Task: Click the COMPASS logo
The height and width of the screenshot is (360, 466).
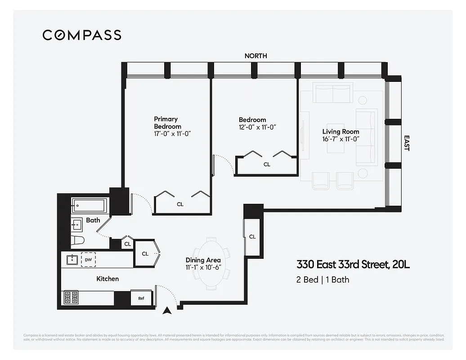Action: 82,35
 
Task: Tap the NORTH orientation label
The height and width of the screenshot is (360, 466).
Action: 255,56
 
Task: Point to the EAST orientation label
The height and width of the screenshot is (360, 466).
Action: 406,143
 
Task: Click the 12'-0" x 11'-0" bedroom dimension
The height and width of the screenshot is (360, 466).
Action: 257,127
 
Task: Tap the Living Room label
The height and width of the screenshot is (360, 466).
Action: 341,132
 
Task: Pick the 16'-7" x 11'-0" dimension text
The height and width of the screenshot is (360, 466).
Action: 341,139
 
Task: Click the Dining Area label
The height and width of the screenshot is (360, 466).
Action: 203,260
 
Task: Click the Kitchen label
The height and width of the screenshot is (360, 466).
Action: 108,279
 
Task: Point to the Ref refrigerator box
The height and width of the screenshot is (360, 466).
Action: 141,298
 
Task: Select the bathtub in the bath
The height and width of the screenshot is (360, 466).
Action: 89,206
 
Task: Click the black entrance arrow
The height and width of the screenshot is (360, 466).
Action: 168,310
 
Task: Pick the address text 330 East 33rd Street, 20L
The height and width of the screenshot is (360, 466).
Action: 353,265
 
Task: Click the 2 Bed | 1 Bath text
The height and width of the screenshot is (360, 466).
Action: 322,279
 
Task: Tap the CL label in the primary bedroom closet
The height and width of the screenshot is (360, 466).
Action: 180,204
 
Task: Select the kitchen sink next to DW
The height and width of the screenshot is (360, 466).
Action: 72,260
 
